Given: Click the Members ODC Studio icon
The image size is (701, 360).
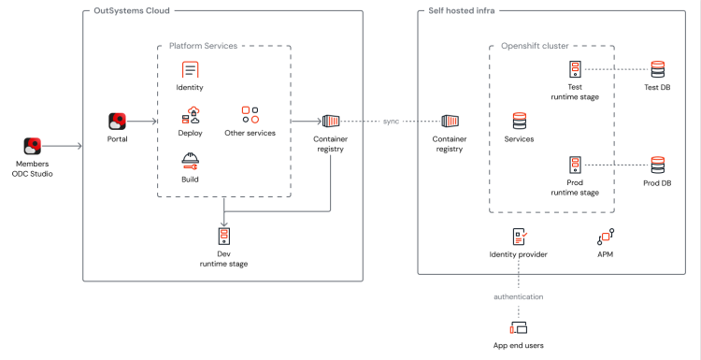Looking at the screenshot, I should (x=33, y=146).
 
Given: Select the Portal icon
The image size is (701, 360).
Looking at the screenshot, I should (x=117, y=121).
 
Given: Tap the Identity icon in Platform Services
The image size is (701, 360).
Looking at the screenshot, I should (x=190, y=69).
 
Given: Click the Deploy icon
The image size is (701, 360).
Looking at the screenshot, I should (x=190, y=115).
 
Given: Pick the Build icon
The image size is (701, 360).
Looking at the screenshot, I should (x=190, y=160).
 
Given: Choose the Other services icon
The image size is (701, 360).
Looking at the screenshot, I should (x=250, y=115).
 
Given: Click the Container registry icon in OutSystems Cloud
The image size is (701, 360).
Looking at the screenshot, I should (x=331, y=121).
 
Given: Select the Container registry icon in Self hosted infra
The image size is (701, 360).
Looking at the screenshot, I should (x=450, y=121).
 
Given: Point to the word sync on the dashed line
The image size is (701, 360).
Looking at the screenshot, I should (x=391, y=122).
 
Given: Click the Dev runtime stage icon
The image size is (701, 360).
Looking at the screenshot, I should (x=224, y=236).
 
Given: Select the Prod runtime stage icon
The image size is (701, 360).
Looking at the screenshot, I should (x=575, y=165).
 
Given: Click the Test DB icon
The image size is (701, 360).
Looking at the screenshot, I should (x=657, y=69).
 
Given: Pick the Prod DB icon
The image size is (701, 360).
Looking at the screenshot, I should (x=657, y=165).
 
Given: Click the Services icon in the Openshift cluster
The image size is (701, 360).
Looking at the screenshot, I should (x=519, y=121).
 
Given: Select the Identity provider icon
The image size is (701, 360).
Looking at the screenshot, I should (x=519, y=237).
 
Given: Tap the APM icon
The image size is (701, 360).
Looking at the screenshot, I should (x=605, y=237).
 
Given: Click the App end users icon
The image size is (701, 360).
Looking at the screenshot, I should (x=519, y=327).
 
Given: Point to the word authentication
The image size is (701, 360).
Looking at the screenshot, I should (x=518, y=296).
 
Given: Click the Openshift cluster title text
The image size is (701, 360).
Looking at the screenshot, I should (x=535, y=45).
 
